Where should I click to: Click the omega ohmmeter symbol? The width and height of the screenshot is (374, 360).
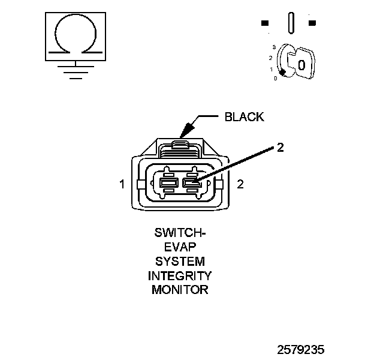(x=75, y=36)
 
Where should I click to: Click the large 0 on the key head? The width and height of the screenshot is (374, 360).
(x=301, y=64)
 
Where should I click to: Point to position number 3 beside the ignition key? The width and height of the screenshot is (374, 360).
(x=273, y=47)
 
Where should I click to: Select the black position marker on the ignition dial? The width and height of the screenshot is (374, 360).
(x=282, y=72)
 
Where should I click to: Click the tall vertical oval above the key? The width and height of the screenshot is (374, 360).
(x=291, y=23)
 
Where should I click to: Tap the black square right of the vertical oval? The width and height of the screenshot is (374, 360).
(x=312, y=23)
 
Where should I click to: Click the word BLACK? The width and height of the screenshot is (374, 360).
(x=244, y=117)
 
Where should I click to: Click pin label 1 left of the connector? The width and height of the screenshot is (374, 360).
(x=122, y=184)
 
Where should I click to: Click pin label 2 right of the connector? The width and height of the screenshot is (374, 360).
(x=240, y=184)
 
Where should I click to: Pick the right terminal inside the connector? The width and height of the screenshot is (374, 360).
(x=191, y=183)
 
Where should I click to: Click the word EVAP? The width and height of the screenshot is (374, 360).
(x=180, y=247)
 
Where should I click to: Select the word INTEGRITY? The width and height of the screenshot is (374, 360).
(x=180, y=275)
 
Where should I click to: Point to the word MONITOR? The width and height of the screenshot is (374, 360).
(x=180, y=290)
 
